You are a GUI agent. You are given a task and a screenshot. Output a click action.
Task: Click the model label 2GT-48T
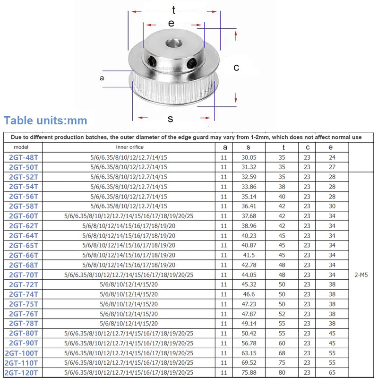(24, 157)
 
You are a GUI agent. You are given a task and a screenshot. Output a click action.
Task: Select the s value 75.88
(249, 372)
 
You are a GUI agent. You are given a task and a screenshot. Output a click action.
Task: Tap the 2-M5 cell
(362, 275)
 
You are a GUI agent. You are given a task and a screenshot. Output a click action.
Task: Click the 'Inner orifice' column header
(129, 147)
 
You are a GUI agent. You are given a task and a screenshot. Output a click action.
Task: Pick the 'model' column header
(21, 147)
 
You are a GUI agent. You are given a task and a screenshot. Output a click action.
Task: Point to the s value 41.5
(249, 255)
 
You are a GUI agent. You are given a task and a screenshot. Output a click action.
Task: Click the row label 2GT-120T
(22, 372)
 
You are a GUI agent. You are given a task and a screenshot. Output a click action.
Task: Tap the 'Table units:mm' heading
(45, 120)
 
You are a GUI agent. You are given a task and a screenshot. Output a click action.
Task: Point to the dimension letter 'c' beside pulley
(236, 68)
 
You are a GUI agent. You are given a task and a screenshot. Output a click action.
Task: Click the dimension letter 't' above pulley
(174, 10)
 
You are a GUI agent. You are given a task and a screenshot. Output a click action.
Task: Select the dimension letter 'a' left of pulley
(102, 78)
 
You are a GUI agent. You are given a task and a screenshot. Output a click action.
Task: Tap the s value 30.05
(249, 157)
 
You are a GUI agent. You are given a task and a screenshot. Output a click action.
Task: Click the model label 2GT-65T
(24, 245)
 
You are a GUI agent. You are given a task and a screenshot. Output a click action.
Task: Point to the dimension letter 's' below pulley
(170, 119)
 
